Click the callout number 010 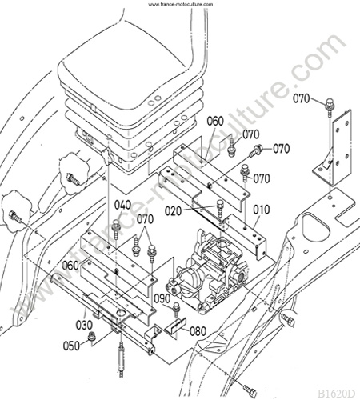tap(262, 210)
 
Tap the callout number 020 tap(173, 211)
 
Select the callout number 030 tap(84, 325)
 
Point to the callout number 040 tap(122, 205)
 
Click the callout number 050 tap(71, 346)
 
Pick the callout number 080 tap(198, 331)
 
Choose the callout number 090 tap(162, 298)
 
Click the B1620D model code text tap(336, 393)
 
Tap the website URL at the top tap(181, 4)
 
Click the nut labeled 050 tap(91, 336)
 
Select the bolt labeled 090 tap(176, 310)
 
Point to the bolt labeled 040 tap(116, 230)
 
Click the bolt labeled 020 tap(220, 209)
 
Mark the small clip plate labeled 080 tap(175, 326)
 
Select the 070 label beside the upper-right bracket tap(302, 98)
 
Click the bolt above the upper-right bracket tap(330, 107)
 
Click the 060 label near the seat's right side tap(215, 121)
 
